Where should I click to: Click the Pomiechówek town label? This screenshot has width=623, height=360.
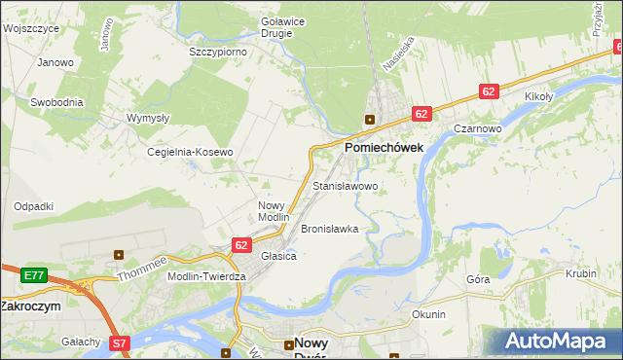pos(384,147)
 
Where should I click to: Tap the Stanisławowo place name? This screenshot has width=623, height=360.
pos(345,185)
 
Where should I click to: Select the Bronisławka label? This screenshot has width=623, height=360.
pos(330,229)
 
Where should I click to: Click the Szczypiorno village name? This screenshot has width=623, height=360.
pos(217,52)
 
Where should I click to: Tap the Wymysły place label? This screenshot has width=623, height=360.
pos(148,118)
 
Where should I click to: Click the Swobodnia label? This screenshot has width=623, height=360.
pos(56,101)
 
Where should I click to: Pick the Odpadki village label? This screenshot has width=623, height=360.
pos(33,206)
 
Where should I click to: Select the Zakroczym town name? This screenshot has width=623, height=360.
pos(31,306)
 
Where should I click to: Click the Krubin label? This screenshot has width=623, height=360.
pos(580,273)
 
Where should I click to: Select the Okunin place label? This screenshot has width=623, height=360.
pos(428,314)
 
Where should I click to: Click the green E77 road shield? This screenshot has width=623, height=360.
pos(34,275)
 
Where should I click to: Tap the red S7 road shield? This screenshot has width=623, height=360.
pos(119,342)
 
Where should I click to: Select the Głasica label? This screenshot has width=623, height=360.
pos(278,255)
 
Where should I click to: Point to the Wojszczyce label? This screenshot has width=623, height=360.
pos(31,28)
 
